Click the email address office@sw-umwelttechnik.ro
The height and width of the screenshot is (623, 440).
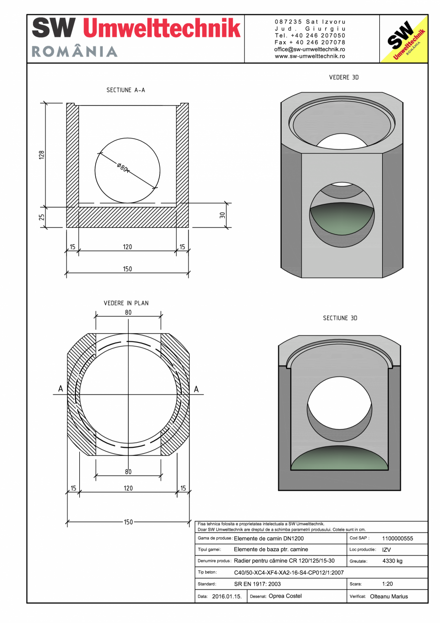tap(310, 49)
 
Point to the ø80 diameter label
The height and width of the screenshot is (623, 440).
tap(122, 167)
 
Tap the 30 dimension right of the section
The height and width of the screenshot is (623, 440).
tap(222, 215)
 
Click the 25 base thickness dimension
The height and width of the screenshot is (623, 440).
tap(42, 217)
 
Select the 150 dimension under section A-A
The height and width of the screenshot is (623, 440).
tap(127, 269)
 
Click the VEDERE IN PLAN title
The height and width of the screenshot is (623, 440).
tap(126, 303)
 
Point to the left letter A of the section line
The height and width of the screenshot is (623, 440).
tap(61, 389)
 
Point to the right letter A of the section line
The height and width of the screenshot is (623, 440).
tap(196, 389)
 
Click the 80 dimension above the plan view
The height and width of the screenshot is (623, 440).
tap(128, 312)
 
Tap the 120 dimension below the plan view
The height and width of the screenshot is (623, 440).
tap(128, 488)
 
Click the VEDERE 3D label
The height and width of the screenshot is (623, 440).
tap(344, 77)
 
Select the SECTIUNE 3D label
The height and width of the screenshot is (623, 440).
tap(340, 318)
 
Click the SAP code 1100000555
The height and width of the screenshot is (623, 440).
tap(397, 538)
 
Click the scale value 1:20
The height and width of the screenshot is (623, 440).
tap(387, 584)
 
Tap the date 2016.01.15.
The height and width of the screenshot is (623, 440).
tap(227, 597)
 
